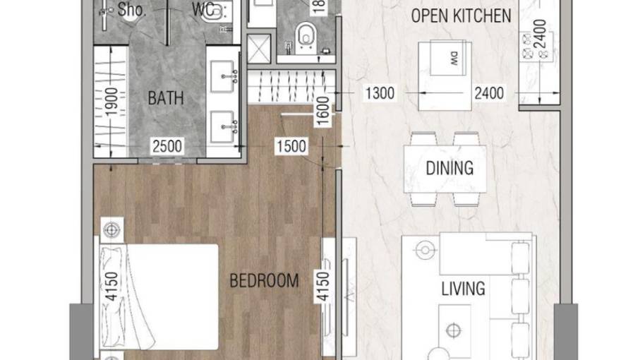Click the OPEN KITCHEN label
click(x=462, y=16)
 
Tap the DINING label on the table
click(x=449, y=168)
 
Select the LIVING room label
click(x=463, y=288)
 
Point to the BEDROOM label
click(x=265, y=280)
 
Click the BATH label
click(x=166, y=97)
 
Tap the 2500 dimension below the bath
click(x=167, y=146)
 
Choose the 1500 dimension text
click(x=291, y=146)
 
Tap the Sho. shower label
click(x=132, y=10)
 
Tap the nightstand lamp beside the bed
click(x=111, y=229)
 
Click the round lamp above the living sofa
click(x=425, y=250)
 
